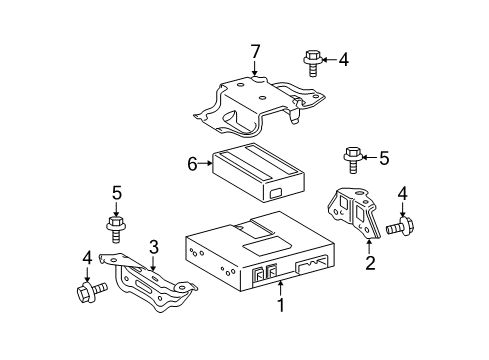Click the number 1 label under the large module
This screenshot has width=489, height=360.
[x=282, y=306]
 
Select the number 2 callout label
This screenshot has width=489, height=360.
[x=370, y=264]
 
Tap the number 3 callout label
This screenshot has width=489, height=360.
[x=153, y=246]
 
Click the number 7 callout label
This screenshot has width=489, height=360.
[x=255, y=50]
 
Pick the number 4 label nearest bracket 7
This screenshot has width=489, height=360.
[x=343, y=59]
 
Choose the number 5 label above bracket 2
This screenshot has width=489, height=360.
[x=382, y=156]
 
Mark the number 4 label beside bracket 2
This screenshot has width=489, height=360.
[x=404, y=193]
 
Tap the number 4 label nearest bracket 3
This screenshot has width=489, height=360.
[x=87, y=258]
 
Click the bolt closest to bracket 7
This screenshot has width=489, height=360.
[x=309, y=62]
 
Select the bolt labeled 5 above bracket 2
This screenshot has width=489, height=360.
[x=352, y=157]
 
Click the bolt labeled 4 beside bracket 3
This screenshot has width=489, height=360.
[x=86, y=292]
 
